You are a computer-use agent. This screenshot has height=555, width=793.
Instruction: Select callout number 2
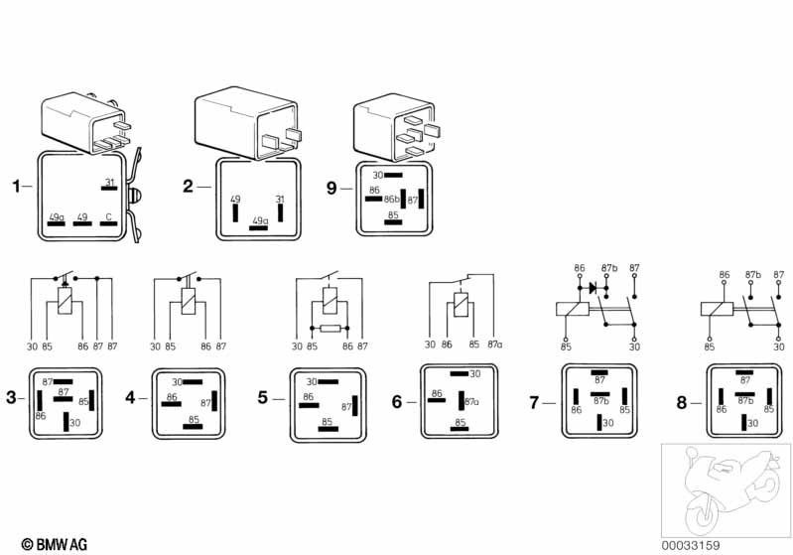[187, 186]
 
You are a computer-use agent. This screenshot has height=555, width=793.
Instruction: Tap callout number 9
[332, 186]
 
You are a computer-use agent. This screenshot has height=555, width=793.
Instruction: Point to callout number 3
[11, 398]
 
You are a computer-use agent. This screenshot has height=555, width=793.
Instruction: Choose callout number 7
[534, 403]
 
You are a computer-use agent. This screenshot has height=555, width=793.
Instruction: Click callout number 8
[681, 403]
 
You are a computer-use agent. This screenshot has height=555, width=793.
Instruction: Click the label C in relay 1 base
[109, 215]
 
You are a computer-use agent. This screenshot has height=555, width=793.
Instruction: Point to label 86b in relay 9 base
[391, 200]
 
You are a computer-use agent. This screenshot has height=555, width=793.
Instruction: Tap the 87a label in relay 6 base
[472, 401]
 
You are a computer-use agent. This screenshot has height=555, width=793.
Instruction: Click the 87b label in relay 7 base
[599, 400]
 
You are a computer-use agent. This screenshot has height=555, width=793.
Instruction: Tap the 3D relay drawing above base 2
[249, 122]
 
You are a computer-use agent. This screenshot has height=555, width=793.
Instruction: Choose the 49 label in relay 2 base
[235, 200]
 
